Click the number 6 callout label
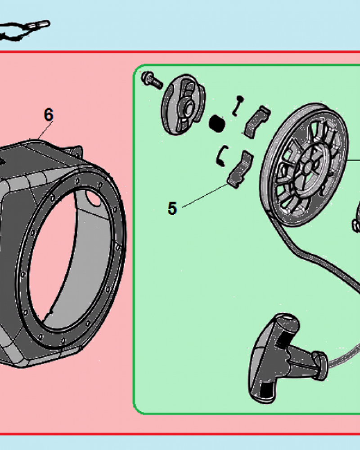(48, 115)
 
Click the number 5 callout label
(172, 208)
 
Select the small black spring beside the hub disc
(217, 122)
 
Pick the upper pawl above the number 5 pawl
(256, 121)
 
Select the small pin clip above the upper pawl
(237, 105)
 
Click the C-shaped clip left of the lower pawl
(221, 155)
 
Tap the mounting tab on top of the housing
(74, 149)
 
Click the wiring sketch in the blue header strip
(22, 29)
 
